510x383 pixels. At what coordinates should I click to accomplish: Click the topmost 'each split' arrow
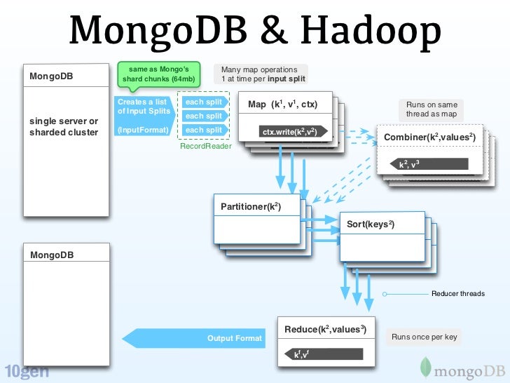(x=203, y=102)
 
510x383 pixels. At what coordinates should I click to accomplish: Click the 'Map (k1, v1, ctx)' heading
(x=283, y=105)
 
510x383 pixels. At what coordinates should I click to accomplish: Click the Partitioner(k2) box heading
(x=251, y=207)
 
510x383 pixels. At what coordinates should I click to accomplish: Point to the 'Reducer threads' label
(x=457, y=293)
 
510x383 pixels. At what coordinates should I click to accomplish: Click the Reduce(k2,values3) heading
(x=325, y=329)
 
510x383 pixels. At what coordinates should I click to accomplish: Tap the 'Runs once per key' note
(x=424, y=337)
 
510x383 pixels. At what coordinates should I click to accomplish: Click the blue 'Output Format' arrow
(x=196, y=338)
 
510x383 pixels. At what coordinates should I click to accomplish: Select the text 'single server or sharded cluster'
(x=64, y=127)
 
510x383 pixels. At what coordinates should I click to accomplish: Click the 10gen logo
(x=27, y=371)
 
